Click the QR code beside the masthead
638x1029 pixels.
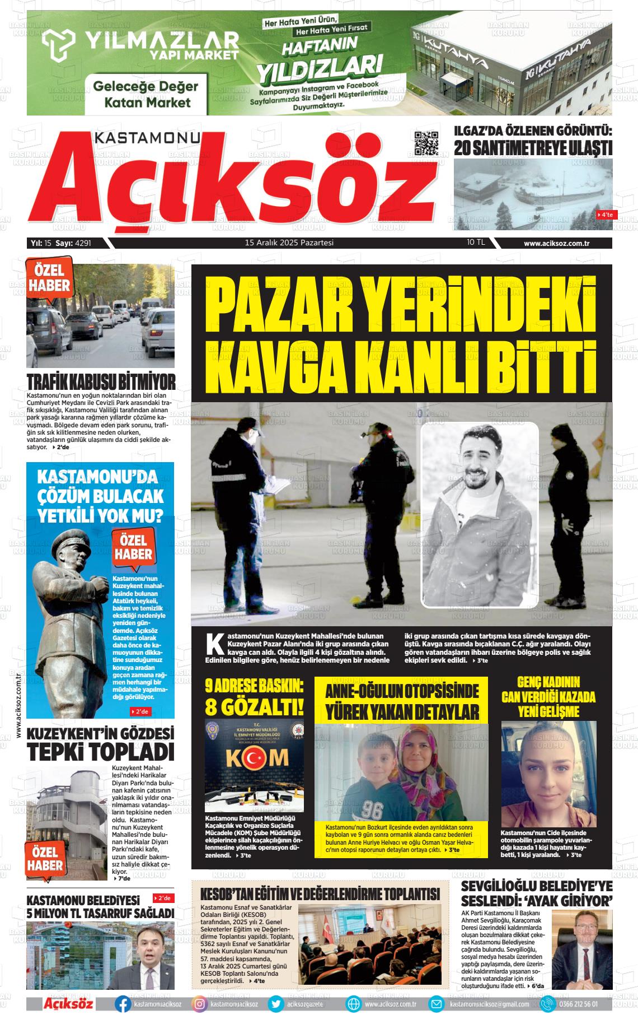click(426, 143)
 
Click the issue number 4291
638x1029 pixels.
click(82, 243)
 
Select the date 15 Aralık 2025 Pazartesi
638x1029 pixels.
click(289, 243)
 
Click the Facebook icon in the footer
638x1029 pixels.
click(123, 1004)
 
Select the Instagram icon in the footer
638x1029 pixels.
click(200, 1004)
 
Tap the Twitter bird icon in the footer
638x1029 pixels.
click(276, 1004)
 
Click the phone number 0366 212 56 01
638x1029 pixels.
click(578, 1004)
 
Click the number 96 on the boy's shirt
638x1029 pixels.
click(371, 811)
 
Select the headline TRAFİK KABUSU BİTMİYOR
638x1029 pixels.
click(101, 383)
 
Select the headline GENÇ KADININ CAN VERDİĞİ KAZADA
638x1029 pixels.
click(548, 690)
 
